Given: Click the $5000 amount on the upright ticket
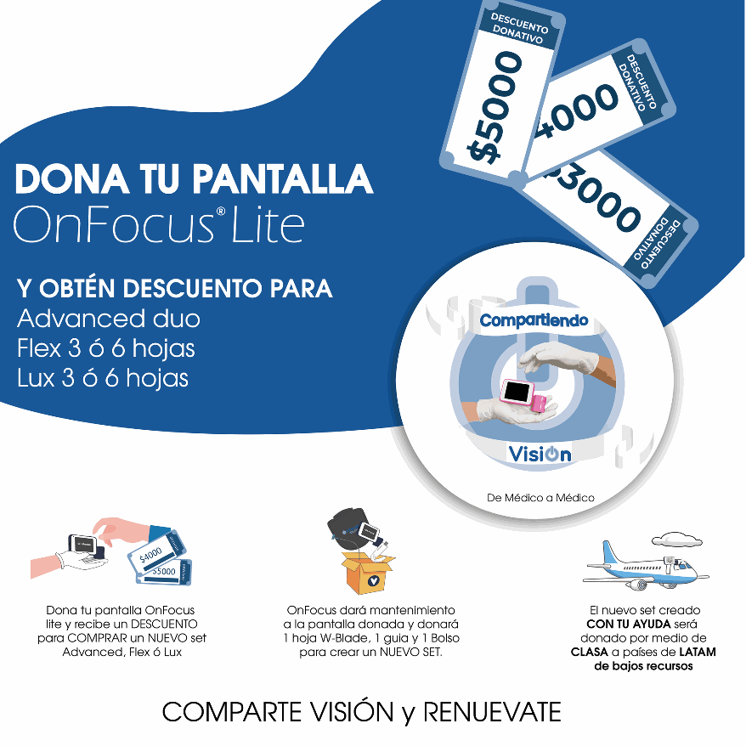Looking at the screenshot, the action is point(495,108).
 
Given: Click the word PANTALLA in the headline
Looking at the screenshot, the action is point(283,179).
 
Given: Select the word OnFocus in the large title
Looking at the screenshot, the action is point(114,224).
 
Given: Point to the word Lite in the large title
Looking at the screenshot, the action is point(268,224).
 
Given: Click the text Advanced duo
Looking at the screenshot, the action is point(109,319).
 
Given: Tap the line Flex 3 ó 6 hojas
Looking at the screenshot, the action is point(106,348).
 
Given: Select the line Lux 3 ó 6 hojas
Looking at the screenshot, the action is point(103,378).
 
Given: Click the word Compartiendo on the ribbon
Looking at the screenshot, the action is point(534,321).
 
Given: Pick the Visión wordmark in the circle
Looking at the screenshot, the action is point(540,454).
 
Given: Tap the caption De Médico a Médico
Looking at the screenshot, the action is point(540,498).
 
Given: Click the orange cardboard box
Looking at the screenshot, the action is point(368,573).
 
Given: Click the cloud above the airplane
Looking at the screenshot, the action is point(676,539).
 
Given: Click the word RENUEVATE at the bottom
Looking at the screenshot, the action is point(492,713).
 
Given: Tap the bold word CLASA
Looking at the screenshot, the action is point(590,652).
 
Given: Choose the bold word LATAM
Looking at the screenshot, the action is point(698,652).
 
